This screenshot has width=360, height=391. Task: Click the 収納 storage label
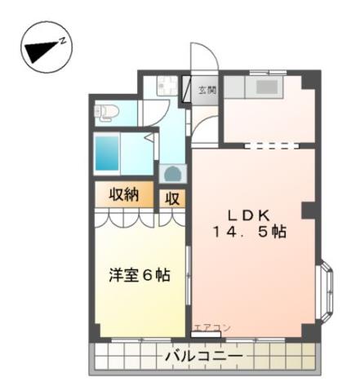[x=120, y=195]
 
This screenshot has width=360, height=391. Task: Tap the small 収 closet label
[x=173, y=198]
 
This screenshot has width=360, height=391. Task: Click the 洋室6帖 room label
[x=140, y=275]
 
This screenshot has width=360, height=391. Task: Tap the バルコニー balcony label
[x=202, y=357]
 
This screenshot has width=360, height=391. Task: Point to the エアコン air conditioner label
[x=211, y=327]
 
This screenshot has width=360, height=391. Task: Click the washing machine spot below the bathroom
[x=172, y=173]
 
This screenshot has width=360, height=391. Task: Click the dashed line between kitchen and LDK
[x=269, y=147]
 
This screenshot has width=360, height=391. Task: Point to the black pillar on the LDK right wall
[x=309, y=210]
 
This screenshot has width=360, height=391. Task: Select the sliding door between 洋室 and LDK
[x=189, y=286]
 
